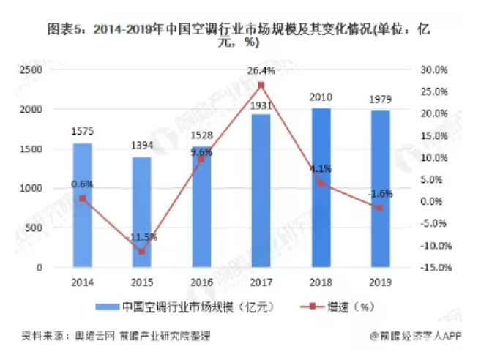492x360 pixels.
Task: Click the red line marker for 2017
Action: pos(261,85)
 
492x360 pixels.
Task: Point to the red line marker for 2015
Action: pos(142,251)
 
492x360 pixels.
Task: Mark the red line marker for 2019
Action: pos(380,208)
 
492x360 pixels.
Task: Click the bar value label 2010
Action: pos(321,98)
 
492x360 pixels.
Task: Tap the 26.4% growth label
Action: pos(261,71)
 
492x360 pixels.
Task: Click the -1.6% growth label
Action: pos(380,194)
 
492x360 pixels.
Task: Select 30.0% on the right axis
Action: pos(433,70)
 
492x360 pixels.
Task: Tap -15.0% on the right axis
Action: pos(432,268)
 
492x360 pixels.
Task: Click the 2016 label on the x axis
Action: pos(201,281)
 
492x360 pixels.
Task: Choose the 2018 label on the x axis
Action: pos(321,281)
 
